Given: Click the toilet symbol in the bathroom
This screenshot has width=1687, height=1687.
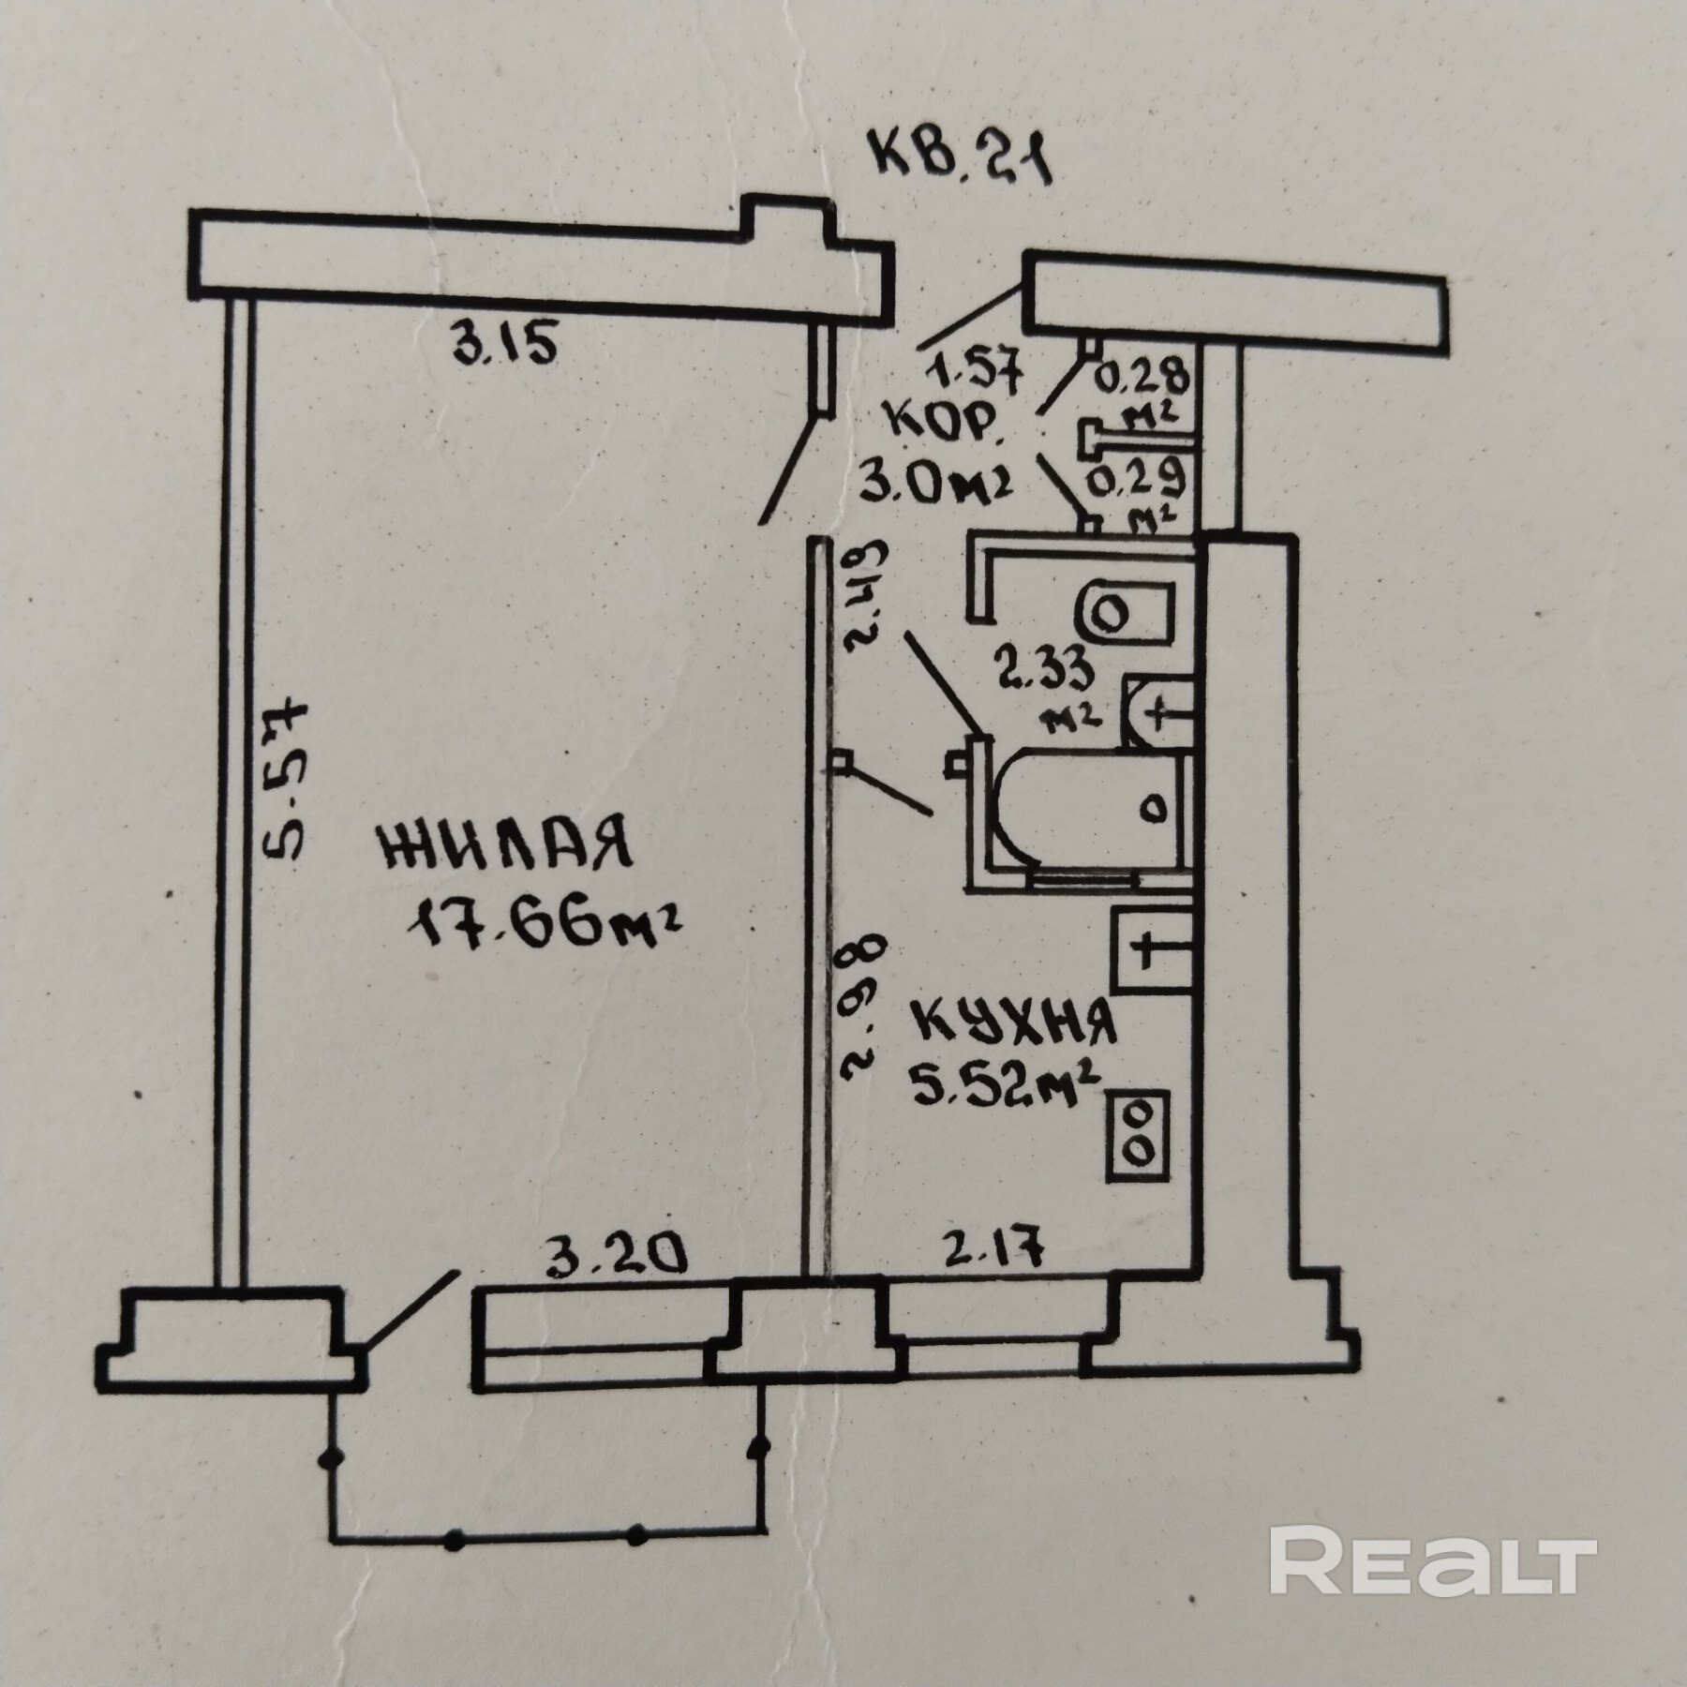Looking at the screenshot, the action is (1125, 615).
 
